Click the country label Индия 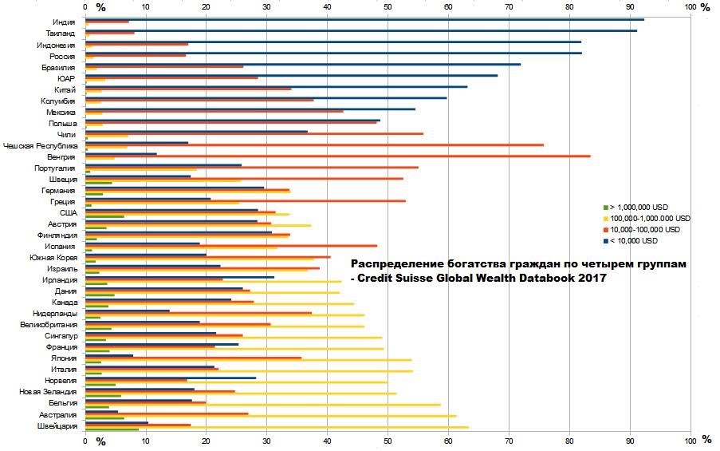(x=65, y=22)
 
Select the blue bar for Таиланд (x=359, y=30)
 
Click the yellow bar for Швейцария (x=279, y=428)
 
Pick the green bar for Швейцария (x=112, y=430)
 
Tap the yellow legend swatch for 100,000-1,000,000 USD (x=607, y=219)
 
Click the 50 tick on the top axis (x=388, y=7)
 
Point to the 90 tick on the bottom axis (x=630, y=440)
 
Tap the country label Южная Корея (x=53, y=258)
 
